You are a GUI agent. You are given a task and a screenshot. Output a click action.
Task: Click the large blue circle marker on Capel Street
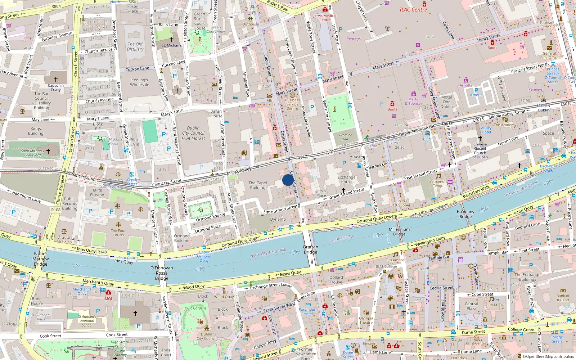288,180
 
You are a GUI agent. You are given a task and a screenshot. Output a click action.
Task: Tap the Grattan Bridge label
310,249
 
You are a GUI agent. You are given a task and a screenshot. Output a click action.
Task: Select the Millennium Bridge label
399,231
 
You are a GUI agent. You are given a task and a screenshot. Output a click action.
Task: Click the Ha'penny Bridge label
465,214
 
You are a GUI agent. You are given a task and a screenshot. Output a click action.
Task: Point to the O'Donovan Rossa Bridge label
162,273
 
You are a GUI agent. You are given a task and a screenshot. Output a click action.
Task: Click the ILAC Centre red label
413,10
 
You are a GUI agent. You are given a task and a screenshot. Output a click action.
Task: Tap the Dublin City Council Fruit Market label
193,133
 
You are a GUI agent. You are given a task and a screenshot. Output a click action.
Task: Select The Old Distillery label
135,46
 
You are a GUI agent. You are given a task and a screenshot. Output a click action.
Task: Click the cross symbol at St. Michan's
172,40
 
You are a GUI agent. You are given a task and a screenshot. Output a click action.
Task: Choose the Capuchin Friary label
56,87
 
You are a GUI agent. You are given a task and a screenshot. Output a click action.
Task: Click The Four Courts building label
118,233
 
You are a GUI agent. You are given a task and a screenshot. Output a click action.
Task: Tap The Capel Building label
258,185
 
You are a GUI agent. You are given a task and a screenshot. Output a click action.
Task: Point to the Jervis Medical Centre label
325,18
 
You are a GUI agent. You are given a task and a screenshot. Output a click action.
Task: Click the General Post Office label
549,55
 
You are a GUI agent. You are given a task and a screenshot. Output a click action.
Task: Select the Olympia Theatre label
366,320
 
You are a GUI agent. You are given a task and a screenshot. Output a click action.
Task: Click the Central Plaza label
471,306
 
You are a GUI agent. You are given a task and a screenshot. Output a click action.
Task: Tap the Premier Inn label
345,137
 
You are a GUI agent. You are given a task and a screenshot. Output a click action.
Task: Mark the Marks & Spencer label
413,102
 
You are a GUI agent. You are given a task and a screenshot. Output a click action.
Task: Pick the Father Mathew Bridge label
40,259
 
